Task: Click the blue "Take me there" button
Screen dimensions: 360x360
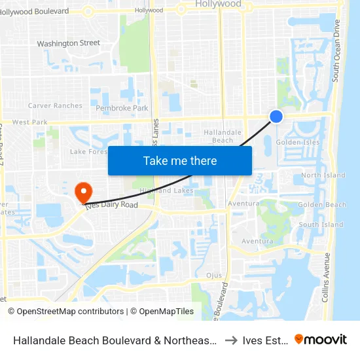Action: coord(179,160)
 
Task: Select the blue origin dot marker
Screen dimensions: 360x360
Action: coord(276,116)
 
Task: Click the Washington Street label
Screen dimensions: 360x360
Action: coord(68,43)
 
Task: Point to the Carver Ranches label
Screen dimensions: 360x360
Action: coord(55,105)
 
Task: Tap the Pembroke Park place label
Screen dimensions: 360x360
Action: coord(121,108)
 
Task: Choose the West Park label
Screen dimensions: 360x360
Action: coord(29,122)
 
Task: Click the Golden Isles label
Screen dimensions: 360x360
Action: coord(297,142)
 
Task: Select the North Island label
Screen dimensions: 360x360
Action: coord(323,175)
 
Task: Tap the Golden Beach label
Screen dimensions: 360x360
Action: coord(322,205)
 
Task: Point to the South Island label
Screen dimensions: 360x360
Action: coord(321,225)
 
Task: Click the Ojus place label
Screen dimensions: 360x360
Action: coord(214,276)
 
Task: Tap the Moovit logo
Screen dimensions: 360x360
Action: coord(321,339)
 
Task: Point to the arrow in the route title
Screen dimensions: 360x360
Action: coord(230,340)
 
